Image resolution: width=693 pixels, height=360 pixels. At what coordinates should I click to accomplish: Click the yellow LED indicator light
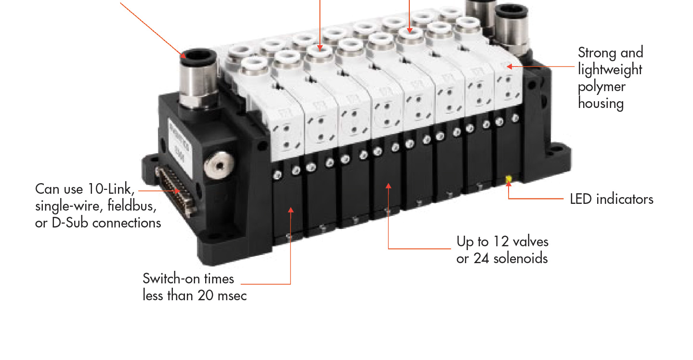(508, 179)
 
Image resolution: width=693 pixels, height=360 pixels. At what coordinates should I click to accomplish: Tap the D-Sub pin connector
(176, 190)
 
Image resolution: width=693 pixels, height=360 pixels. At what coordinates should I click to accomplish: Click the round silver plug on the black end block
(219, 165)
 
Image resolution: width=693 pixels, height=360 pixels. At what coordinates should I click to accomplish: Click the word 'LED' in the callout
(581, 199)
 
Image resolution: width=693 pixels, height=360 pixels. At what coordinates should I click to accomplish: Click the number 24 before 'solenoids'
(481, 258)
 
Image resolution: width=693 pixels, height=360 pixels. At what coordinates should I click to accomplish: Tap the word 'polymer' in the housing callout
(601, 87)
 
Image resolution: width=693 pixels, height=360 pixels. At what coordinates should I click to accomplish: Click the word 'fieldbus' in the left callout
(132, 206)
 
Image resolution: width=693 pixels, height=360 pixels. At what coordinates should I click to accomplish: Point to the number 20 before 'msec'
(206, 295)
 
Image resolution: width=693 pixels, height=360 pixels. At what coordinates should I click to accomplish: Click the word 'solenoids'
(521, 258)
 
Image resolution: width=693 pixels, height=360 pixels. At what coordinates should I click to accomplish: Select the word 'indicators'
(625, 199)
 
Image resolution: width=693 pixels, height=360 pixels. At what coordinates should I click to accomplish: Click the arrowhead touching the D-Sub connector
(177, 191)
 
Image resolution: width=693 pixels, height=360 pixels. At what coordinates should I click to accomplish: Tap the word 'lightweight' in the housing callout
(610, 70)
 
